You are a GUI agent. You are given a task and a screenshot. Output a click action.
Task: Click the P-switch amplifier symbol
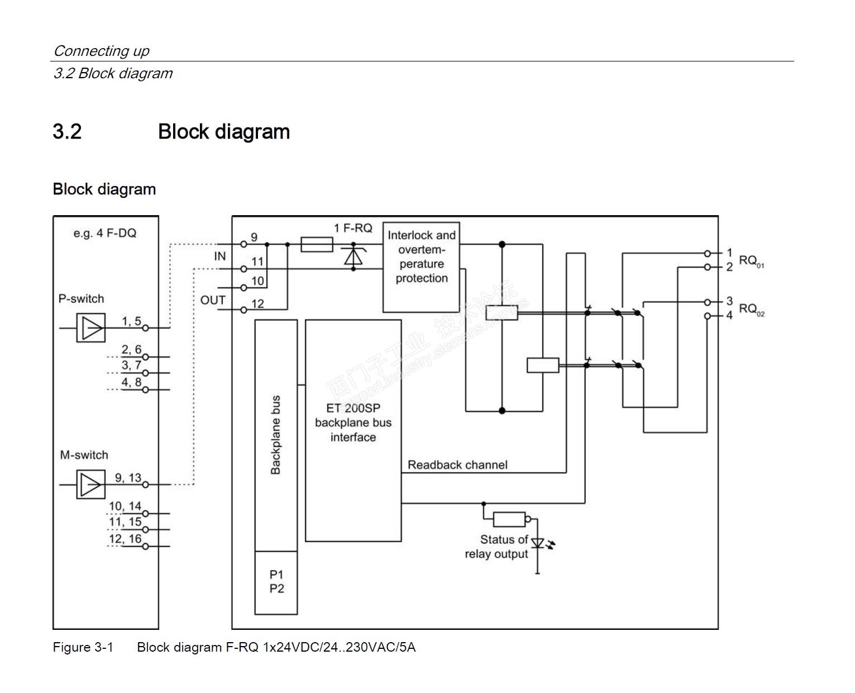pyautogui.click(x=90, y=327)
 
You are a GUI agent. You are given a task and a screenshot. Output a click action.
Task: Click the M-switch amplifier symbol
pyautogui.click(x=90, y=485)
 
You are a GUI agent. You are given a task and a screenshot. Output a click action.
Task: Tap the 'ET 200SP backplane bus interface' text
pyautogui.click(x=353, y=423)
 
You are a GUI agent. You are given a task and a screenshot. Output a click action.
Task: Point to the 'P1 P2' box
pyautogui.click(x=276, y=582)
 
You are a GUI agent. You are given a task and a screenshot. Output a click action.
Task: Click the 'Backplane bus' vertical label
pyautogui.click(x=275, y=435)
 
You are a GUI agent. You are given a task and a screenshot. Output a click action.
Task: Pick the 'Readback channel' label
pyautogui.click(x=457, y=464)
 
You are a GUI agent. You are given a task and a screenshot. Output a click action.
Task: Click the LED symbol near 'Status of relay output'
pyautogui.click(x=537, y=543)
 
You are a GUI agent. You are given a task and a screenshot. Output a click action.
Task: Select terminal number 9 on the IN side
pyautogui.click(x=254, y=238)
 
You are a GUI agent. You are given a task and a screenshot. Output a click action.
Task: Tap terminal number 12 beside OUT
pyautogui.click(x=257, y=304)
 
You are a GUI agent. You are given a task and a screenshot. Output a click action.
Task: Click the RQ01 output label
pyautogui.click(x=751, y=260)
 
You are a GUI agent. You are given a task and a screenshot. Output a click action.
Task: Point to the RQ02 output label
pyautogui.click(x=751, y=309)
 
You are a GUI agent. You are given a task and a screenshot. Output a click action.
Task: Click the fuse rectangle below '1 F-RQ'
pyautogui.click(x=317, y=244)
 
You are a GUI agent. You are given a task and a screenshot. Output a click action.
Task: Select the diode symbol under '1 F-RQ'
pyautogui.click(x=353, y=256)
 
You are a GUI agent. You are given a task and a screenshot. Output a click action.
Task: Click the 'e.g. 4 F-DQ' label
pyautogui.click(x=105, y=233)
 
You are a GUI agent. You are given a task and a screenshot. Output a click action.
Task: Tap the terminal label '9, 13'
pyautogui.click(x=128, y=478)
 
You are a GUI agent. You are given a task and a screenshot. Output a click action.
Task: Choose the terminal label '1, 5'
pyautogui.click(x=131, y=321)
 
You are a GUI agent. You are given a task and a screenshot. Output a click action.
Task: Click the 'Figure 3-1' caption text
pyautogui.click(x=83, y=647)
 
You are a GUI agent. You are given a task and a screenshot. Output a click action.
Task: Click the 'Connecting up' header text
pyautogui.click(x=101, y=51)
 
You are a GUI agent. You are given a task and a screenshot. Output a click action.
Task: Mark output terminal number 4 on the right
pyautogui.click(x=729, y=315)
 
